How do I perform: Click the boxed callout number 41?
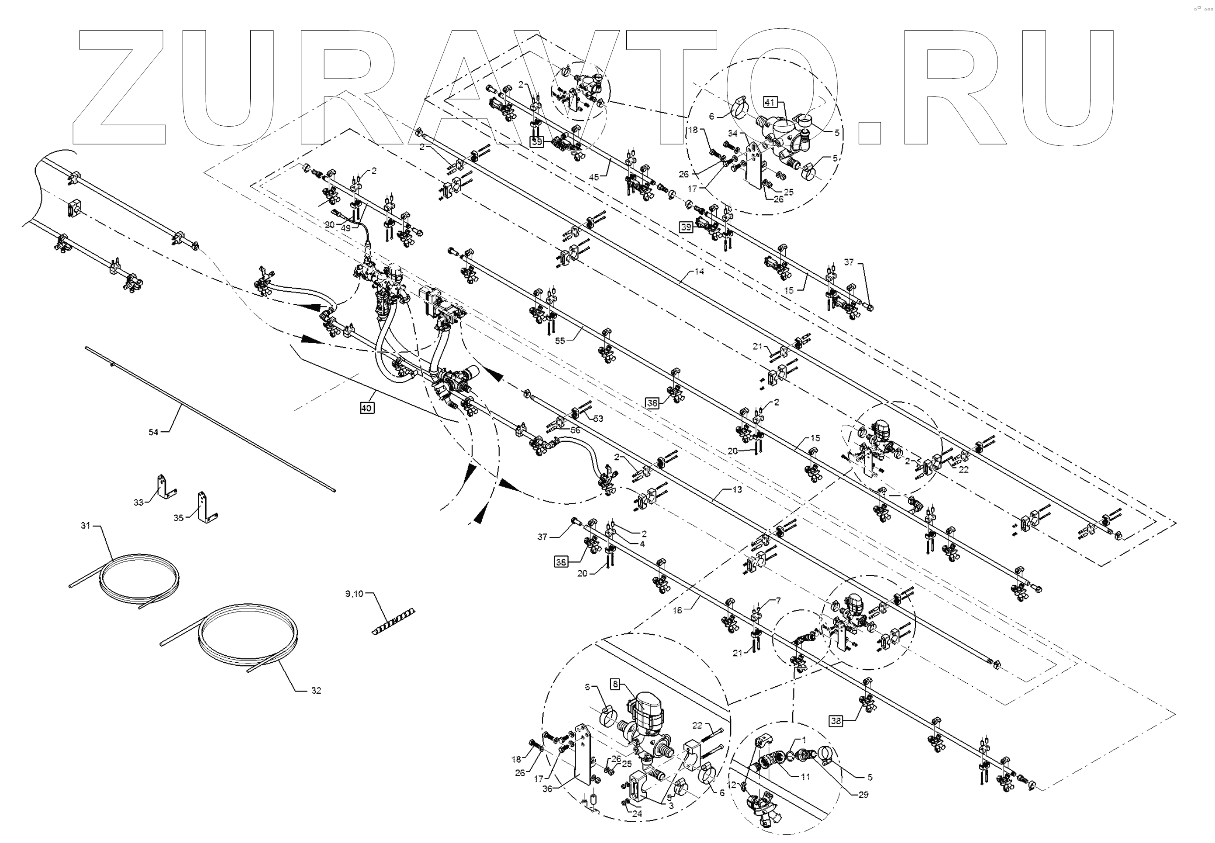coord(770,103)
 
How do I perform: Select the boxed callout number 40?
coord(366,408)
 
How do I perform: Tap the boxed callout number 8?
coord(615,684)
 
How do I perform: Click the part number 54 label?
coord(153,432)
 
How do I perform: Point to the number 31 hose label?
coord(86,526)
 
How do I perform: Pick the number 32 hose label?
coord(316,690)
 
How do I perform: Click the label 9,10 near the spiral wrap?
coord(354,594)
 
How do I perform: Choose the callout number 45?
coord(594,178)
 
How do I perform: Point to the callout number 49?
coord(345,228)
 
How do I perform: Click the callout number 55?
coord(560,341)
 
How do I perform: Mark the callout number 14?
coord(699,272)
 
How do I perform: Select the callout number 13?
coord(737,490)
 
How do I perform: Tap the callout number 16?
coord(677,610)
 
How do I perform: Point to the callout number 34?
coord(733,134)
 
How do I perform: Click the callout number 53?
coord(598,419)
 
